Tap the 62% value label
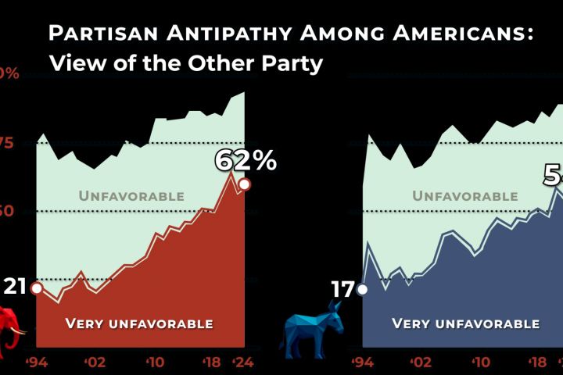coord(246,160)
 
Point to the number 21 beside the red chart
coord(15,287)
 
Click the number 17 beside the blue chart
coord(342,289)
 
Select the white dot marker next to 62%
coord(244,184)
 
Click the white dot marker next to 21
coord(36,287)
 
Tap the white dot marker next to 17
coord(362,289)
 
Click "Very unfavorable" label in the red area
coord(139,323)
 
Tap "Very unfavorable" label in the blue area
coord(465,323)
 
